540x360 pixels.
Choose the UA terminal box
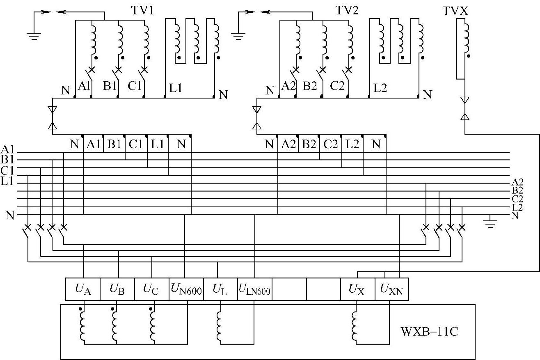pos(83,289)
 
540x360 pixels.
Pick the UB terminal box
pos(117,289)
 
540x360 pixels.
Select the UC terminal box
pos(152,289)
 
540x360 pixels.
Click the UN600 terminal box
pos(186,289)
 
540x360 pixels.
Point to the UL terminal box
pos(220,289)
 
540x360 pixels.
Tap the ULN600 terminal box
pos(254,289)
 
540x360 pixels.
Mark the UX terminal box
pos(358,289)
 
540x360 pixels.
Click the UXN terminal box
pos(392,289)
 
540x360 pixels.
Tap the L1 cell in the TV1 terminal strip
pos(158,144)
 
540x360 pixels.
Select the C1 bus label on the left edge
pos(7,170)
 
